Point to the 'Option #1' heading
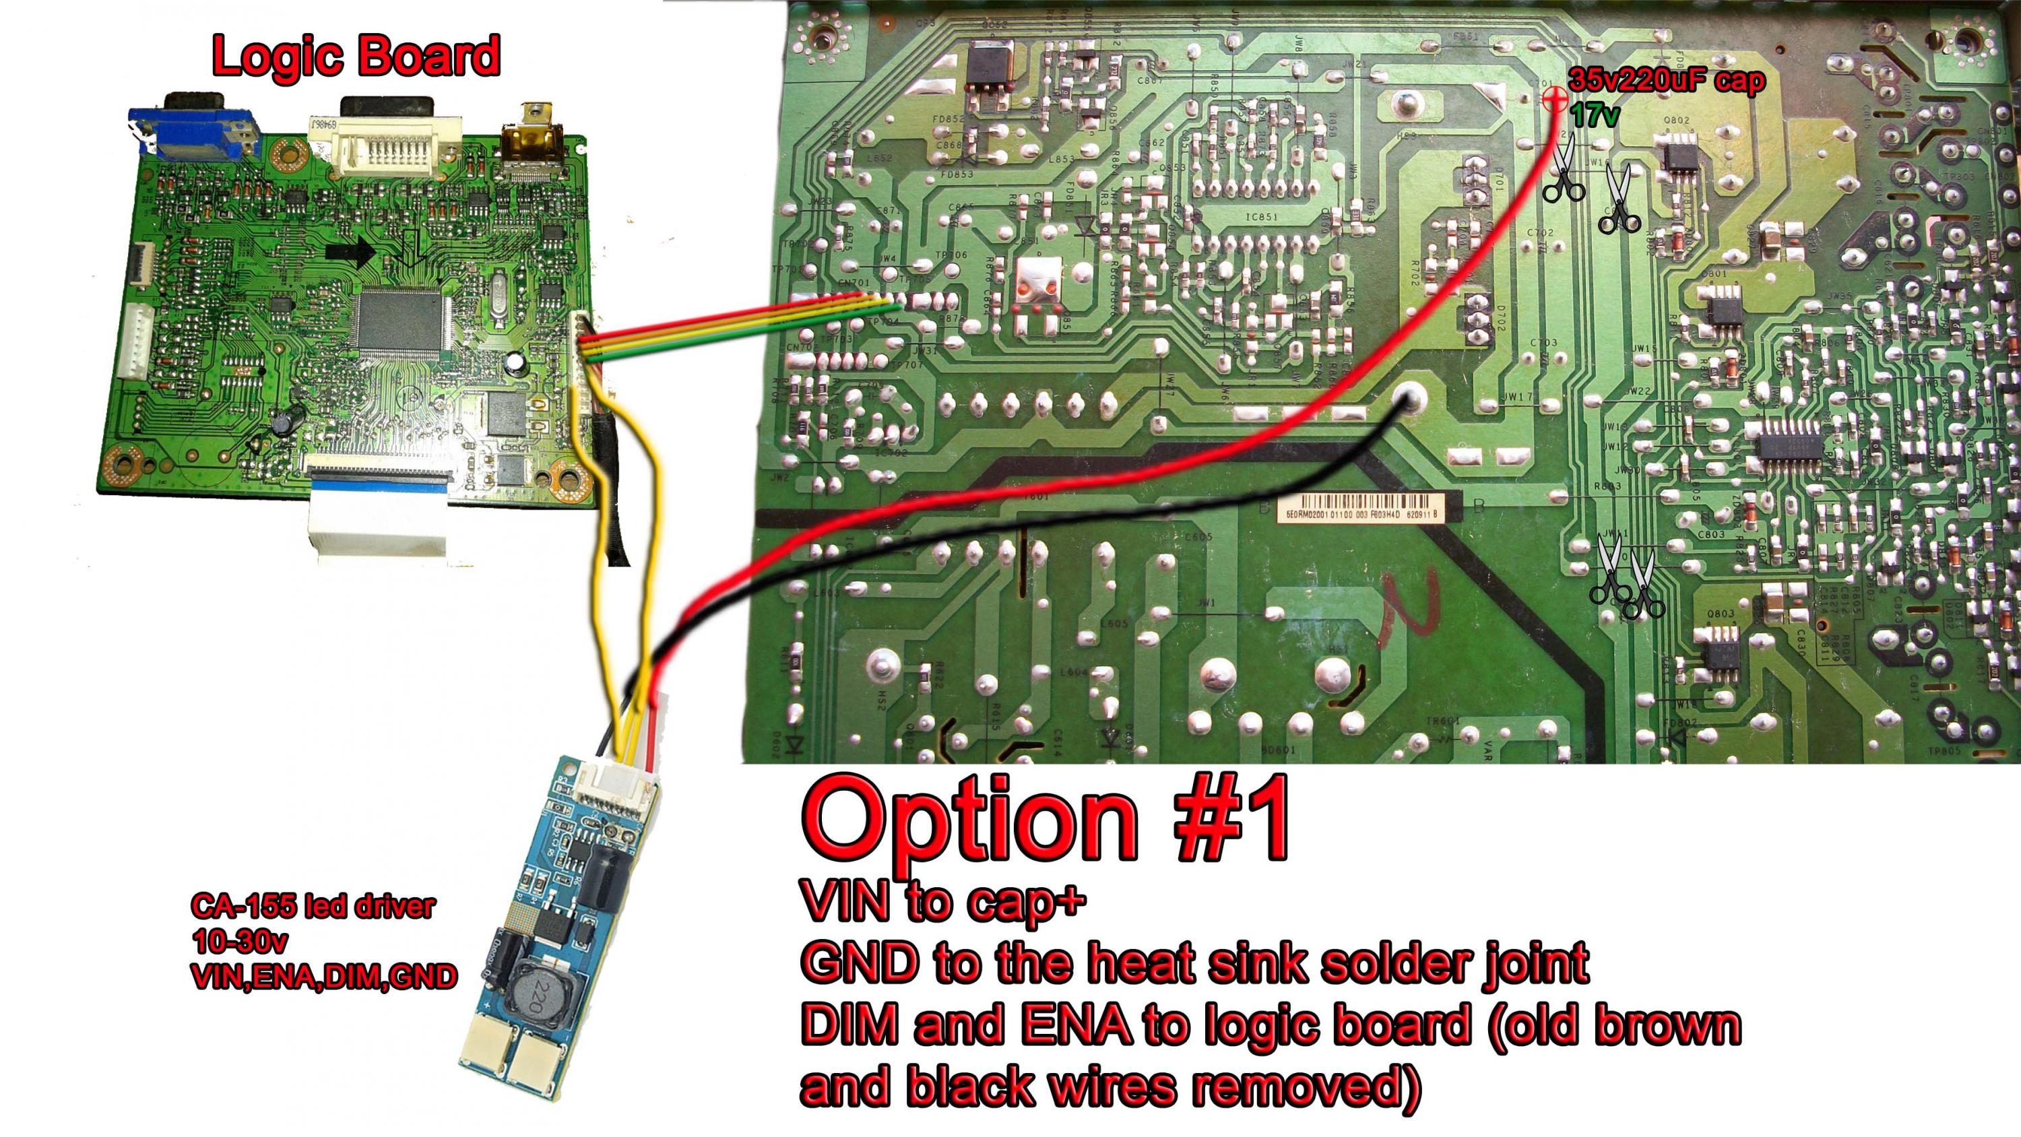tap(1044, 819)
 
